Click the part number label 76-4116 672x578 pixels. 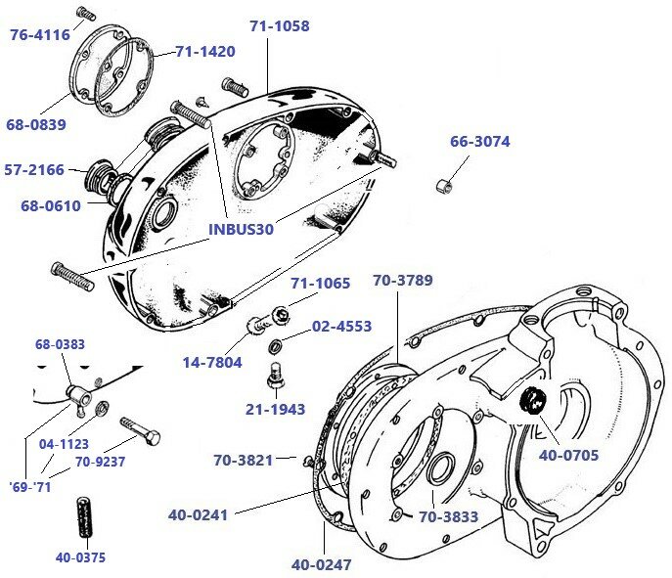click(x=39, y=35)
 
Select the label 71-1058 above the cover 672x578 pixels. click(x=279, y=26)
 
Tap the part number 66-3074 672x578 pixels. click(x=479, y=142)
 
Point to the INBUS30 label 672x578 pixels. click(x=241, y=229)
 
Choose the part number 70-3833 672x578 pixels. click(x=450, y=517)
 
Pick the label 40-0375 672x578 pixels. click(x=82, y=558)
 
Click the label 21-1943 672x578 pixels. click(x=275, y=410)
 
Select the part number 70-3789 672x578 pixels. click(x=402, y=281)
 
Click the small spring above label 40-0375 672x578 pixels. click(x=83, y=516)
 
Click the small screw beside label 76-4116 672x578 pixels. click(x=84, y=13)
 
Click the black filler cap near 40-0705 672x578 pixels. click(x=535, y=401)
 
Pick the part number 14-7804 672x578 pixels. click(x=211, y=362)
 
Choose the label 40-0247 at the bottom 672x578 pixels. click(x=321, y=564)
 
